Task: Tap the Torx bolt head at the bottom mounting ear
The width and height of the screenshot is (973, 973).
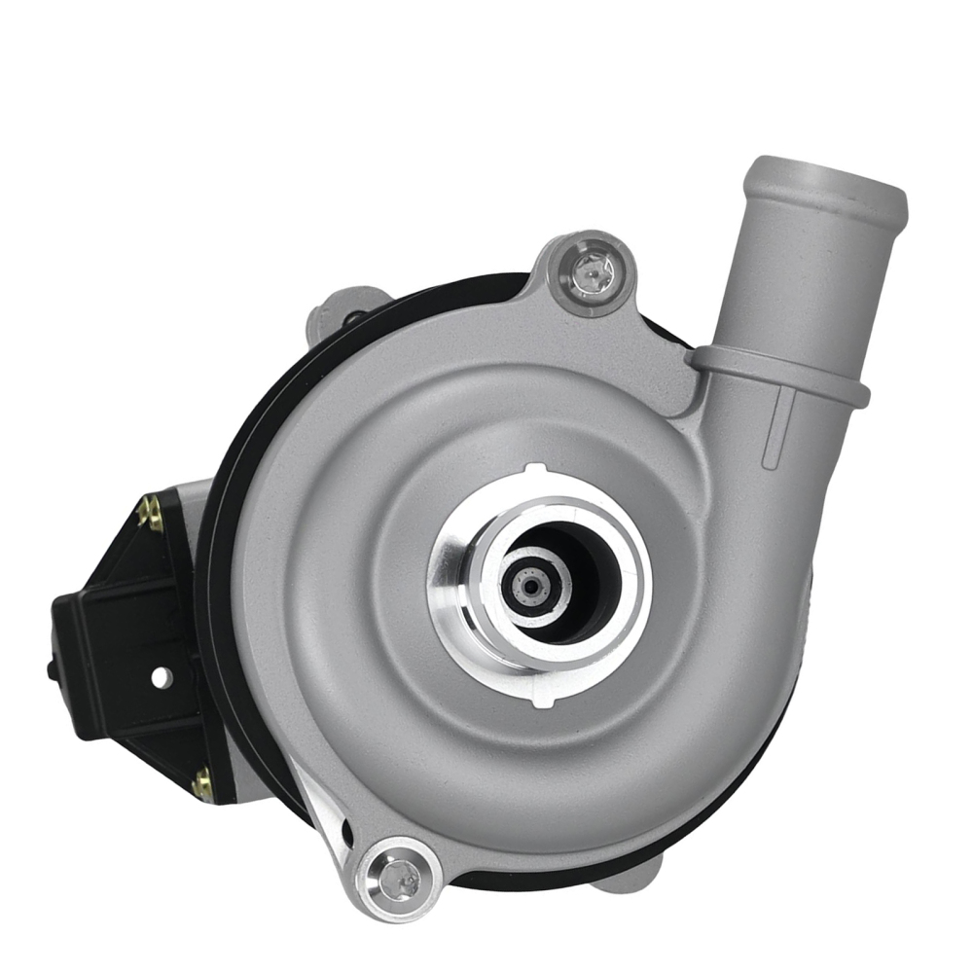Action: click(400, 881)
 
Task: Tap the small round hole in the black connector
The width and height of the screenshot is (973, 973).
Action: click(161, 676)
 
